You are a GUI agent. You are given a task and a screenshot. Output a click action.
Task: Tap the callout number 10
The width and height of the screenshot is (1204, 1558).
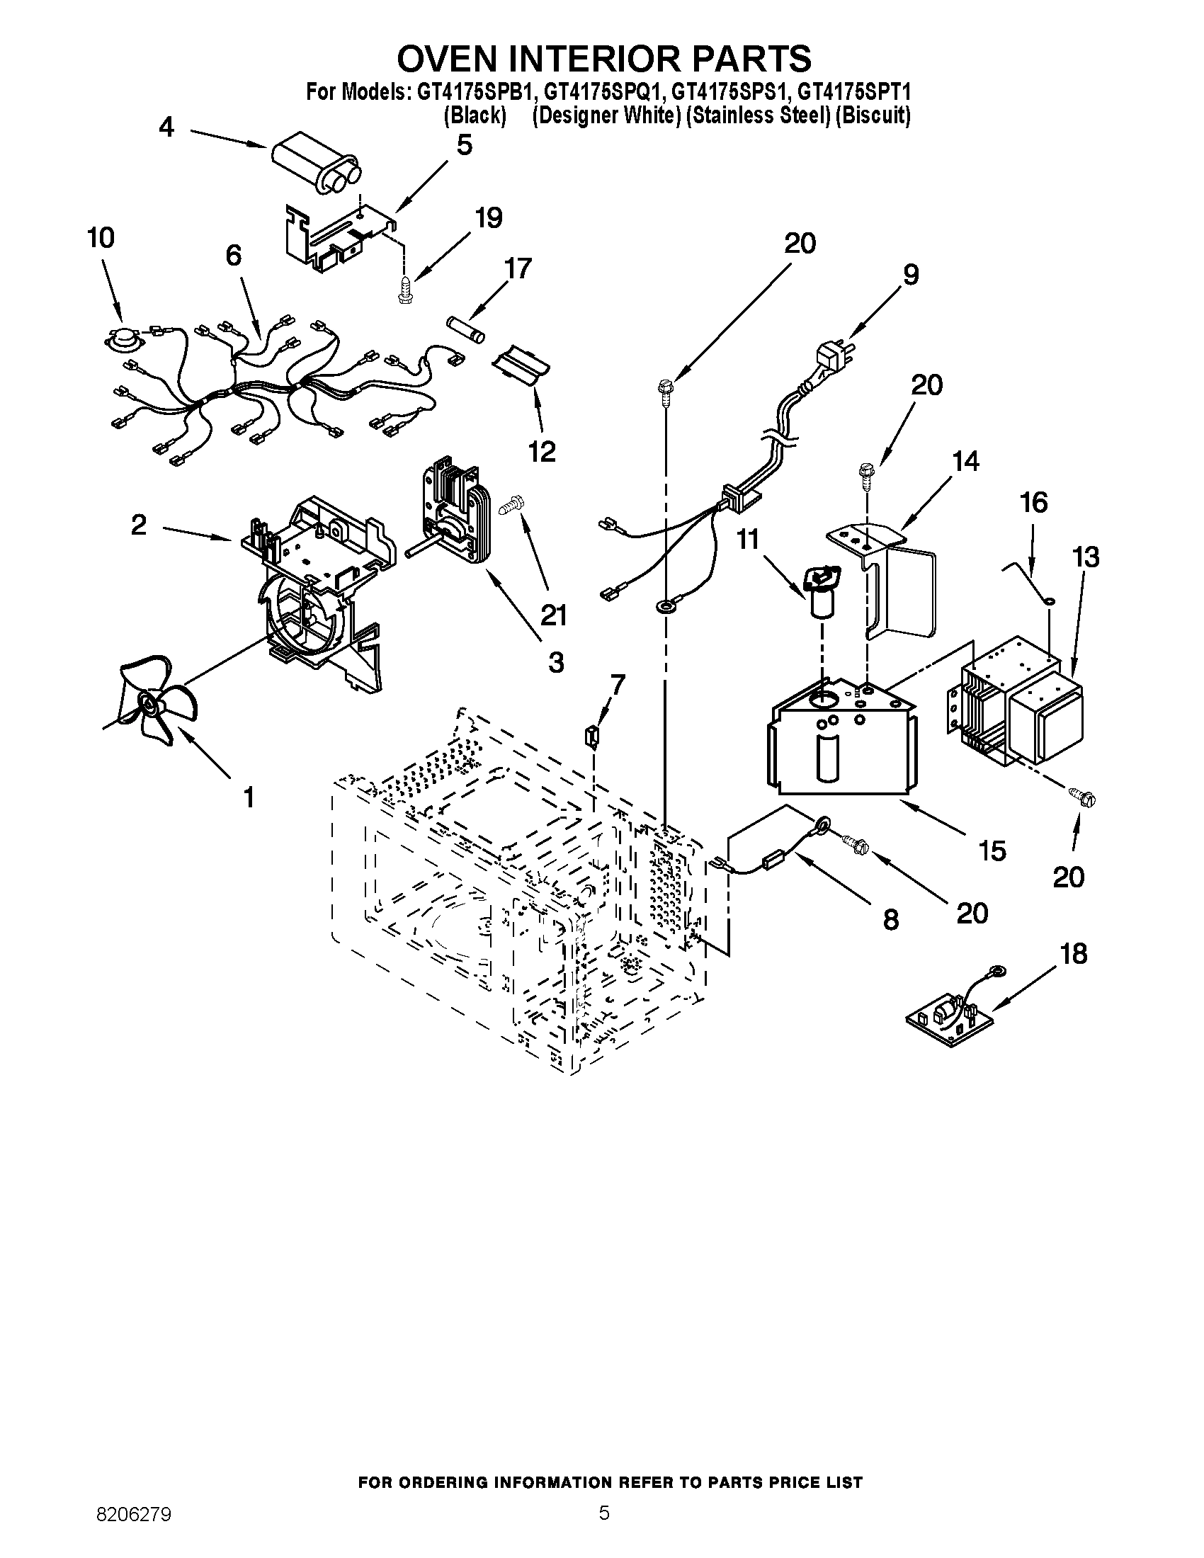pos(101,238)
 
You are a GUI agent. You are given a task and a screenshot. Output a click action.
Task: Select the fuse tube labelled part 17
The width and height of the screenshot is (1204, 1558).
pos(465,329)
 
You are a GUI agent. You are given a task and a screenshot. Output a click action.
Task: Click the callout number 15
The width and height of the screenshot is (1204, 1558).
pos(992,851)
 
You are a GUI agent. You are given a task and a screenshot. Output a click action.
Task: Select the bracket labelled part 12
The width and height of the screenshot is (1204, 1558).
pos(521,371)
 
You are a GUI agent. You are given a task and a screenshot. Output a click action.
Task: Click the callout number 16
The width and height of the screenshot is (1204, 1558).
pos(1033,503)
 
